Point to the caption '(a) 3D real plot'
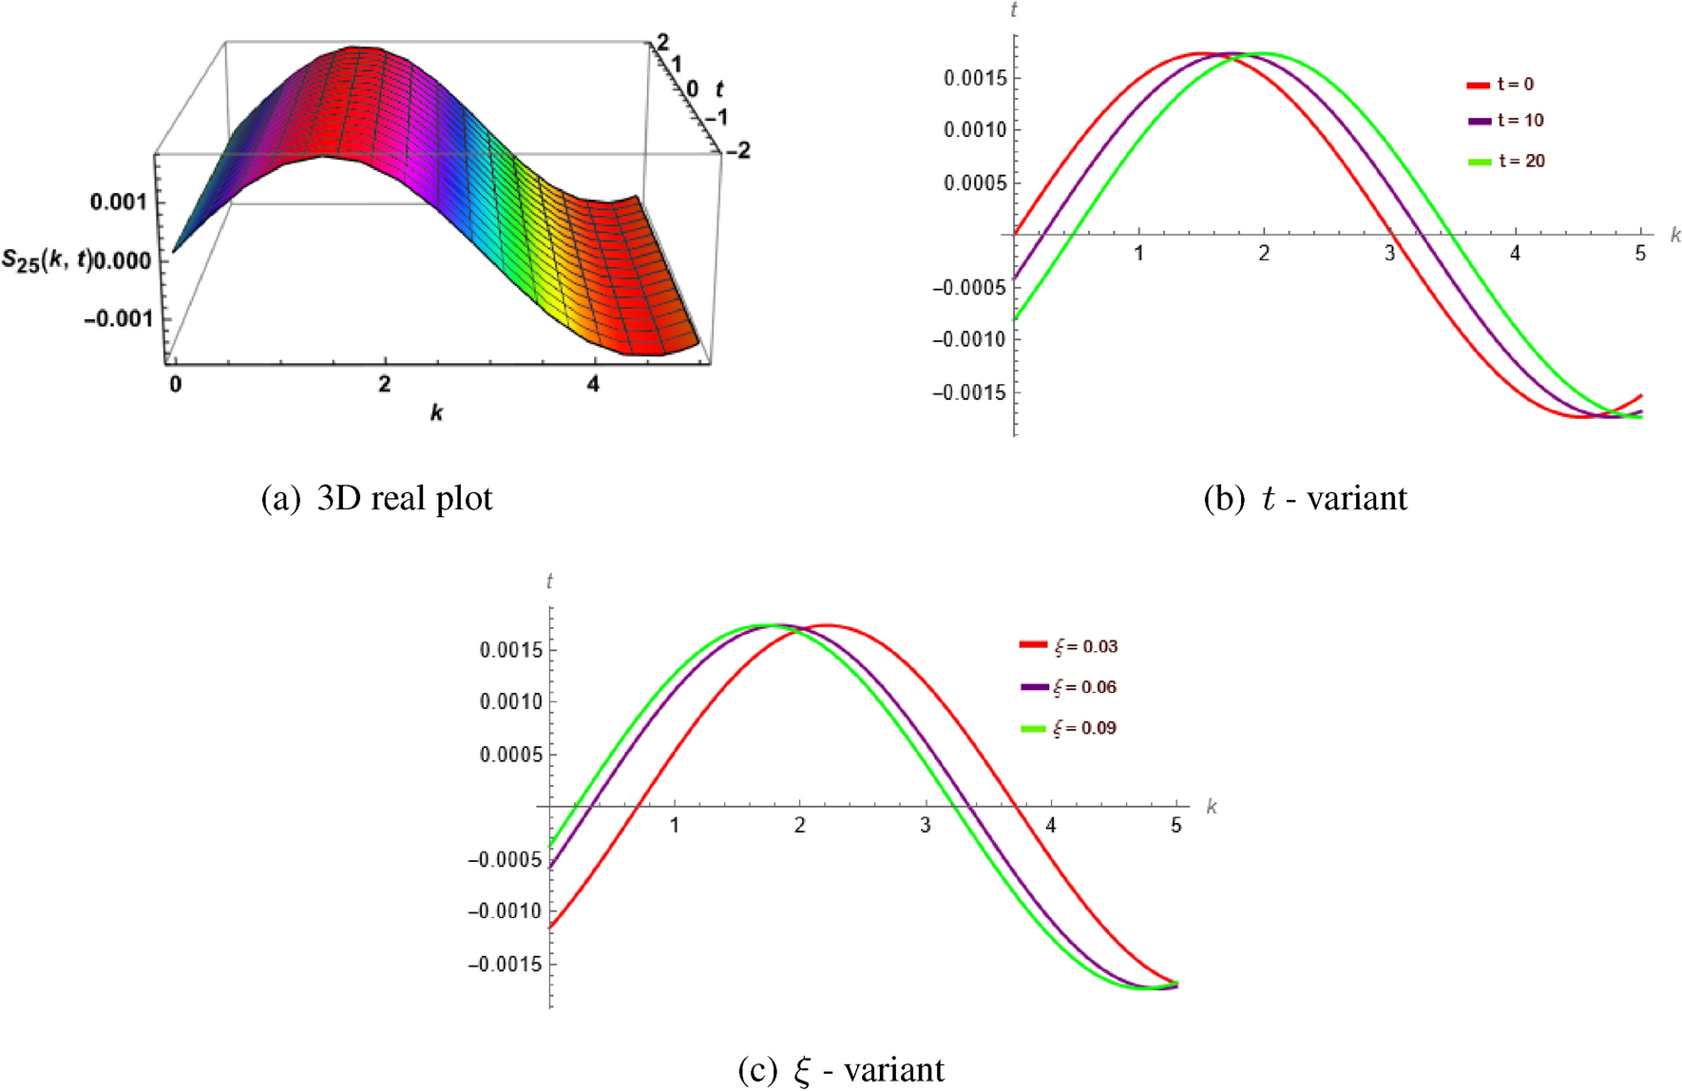point(376,499)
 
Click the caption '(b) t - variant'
point(1305,499)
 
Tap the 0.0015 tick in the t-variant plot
point(974,78)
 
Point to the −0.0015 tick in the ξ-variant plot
point(505,965)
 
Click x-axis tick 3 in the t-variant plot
point(1389,254)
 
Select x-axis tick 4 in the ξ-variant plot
point(1050,826)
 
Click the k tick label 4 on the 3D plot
point(593,385)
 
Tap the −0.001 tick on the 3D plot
point(119,318)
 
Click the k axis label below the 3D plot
point(436,412)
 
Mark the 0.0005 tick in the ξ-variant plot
point(510,756)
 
